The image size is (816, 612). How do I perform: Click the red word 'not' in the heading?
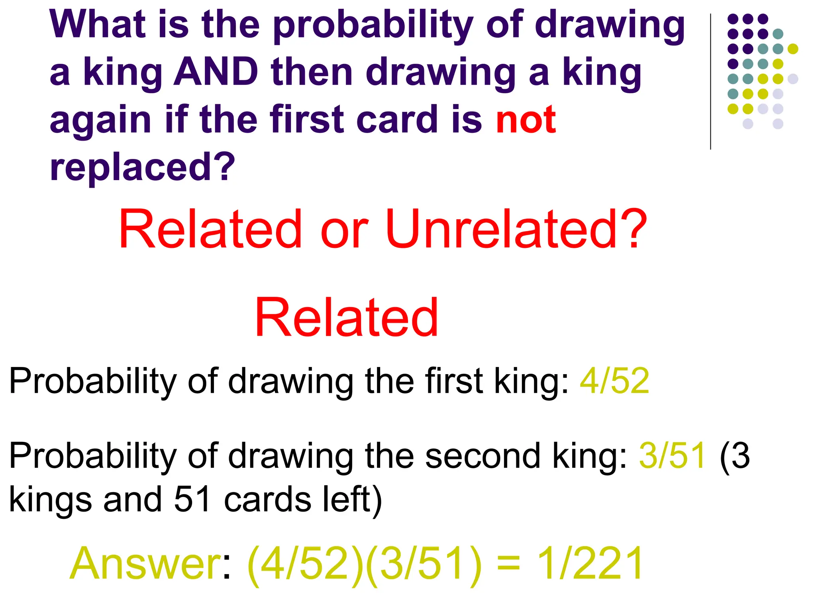(x=526, y=119)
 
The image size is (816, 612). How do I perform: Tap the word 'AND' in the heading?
(x=216, y=72)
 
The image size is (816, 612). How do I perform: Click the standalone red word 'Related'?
(x=347, y=318)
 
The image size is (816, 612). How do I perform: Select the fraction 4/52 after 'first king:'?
(x=614, y=381)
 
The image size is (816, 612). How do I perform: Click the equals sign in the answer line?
(x=509, y=564)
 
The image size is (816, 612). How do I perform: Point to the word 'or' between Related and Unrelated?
(x=344, y=230)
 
